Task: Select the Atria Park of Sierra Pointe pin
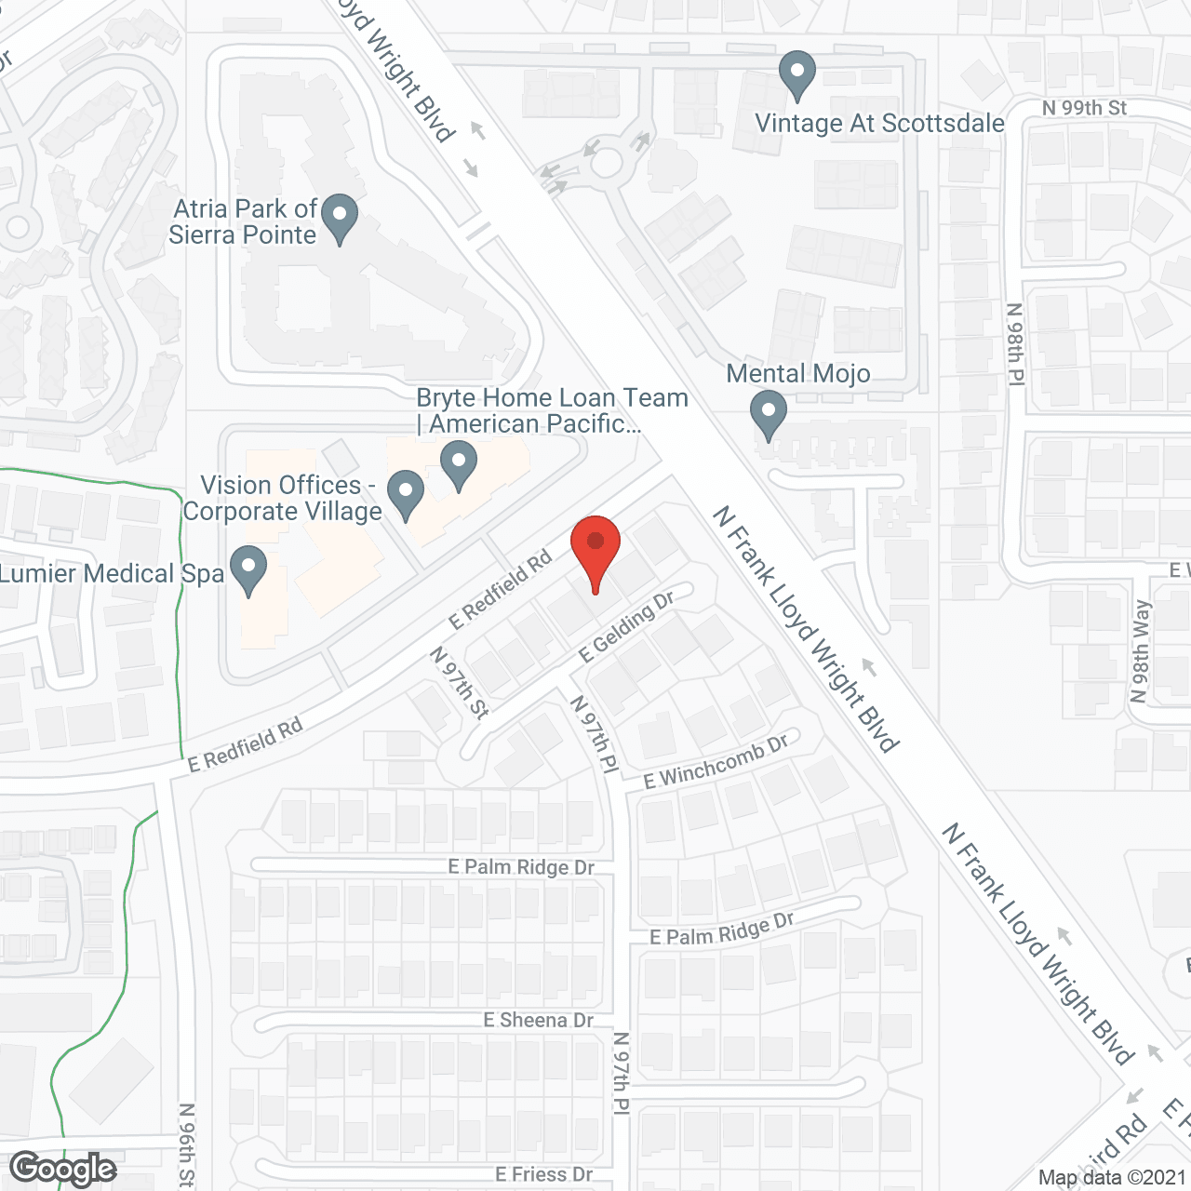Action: pos(340,218)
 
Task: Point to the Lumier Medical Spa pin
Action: pos(248,569)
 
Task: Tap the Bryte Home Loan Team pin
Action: pos(458,464)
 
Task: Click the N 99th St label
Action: pos(1084,108)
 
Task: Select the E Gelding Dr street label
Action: pos(626,627)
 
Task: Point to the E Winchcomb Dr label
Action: pos(716,761)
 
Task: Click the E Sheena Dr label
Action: pos(538,1021)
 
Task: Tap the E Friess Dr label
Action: pos(543,1174)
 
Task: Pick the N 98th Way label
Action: pos(1141,650)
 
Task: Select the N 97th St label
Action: pos(459,682)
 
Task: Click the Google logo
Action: pos(63,1169)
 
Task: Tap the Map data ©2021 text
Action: pos(1112,1177)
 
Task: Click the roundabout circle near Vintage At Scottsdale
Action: pos(607,163)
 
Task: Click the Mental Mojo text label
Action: pos(798,374)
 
